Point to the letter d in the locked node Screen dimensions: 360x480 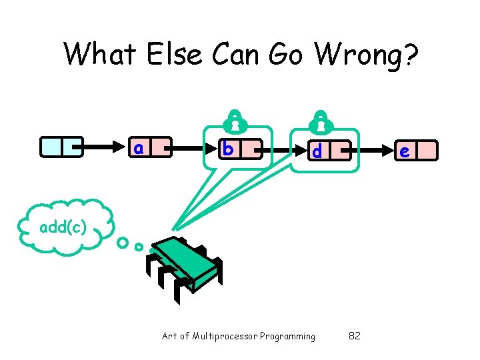(317, 151)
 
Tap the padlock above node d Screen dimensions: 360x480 (321, 120)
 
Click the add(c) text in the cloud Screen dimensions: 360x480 (62, 227)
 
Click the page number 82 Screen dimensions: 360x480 (355, 336)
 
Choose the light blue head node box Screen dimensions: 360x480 (61, 147)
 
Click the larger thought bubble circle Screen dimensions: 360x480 (123, 243)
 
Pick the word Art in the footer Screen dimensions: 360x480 (169, 336)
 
